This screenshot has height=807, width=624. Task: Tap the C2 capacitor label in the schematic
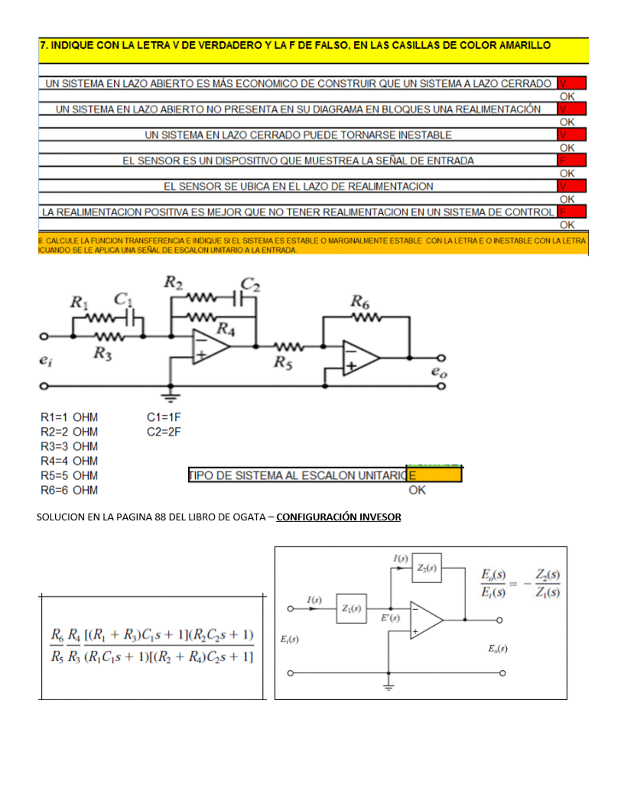point(250,287)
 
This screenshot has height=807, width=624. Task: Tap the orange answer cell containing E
point(434,475)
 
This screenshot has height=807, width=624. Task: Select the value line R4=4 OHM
point(69,461)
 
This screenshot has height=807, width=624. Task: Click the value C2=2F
point(164,432)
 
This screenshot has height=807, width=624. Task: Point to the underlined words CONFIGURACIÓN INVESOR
point(339,517)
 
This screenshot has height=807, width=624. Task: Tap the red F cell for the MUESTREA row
point(572,160)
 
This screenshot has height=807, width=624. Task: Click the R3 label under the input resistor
point(103,352)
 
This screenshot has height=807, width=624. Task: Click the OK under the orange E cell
point(417,490)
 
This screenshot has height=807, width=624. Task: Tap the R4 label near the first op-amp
point(226,329)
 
